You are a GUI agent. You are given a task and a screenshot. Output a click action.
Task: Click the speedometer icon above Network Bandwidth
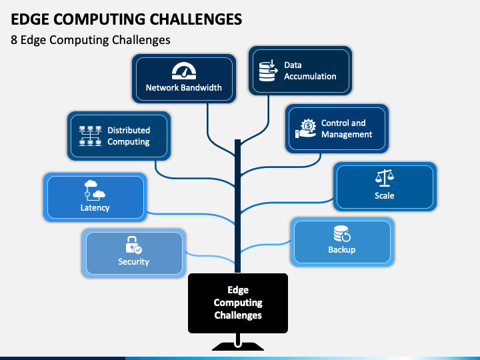184,71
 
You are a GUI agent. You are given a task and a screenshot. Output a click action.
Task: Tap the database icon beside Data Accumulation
269,71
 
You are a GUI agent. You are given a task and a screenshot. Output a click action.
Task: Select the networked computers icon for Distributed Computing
90,135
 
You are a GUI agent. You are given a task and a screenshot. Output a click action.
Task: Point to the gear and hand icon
306,129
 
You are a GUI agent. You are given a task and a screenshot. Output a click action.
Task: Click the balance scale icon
385,178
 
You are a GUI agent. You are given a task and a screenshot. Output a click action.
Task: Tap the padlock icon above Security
133,245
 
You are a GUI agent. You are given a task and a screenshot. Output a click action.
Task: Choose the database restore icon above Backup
342,234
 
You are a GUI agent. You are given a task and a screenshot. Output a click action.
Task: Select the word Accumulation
310,76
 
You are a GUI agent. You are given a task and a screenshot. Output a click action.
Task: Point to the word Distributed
129,130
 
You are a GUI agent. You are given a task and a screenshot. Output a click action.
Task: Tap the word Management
347,135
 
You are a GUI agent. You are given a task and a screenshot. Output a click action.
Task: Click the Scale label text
385,195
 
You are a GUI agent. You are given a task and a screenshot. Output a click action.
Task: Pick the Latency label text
95,208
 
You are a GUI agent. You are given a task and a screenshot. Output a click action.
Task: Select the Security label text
133,262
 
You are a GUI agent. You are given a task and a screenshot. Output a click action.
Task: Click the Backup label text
342,250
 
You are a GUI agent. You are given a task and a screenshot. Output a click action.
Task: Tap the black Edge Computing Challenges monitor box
238,303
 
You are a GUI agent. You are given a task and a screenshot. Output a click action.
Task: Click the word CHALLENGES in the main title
196,19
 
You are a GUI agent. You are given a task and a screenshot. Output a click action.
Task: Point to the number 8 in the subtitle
14,40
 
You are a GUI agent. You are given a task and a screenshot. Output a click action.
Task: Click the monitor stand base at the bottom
238,346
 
